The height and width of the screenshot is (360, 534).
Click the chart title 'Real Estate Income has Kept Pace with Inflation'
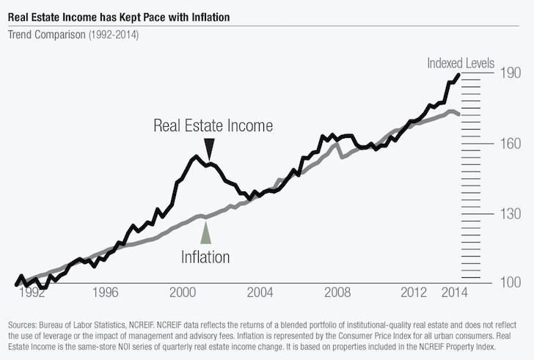(x=130, y=12)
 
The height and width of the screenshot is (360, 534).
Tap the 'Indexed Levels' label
(x=461, y=64)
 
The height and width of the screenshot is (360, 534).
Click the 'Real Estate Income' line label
(x=213, y=125)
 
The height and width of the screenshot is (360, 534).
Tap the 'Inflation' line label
(x=205, y=257)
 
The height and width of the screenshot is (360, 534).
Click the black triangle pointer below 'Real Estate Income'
(x=209, y=149)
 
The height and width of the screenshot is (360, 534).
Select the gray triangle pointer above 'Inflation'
(x=205, y=232)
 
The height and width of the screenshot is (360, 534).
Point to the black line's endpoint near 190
(x=459, y=74)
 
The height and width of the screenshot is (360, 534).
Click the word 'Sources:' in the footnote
(x=23, y=324)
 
